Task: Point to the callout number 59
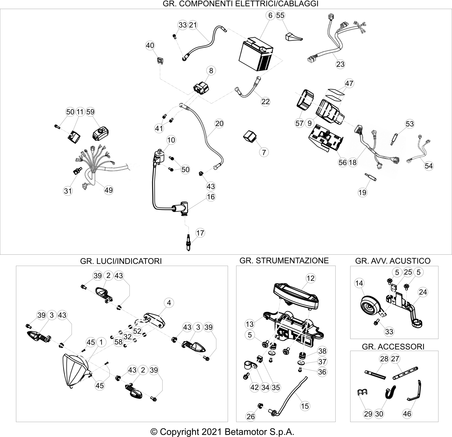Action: pyautogui.click(x=90, y=112)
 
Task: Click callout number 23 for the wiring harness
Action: pyautogui.click(x=340, y=64)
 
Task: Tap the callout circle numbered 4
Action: pyautogui.click(x=169, y=303)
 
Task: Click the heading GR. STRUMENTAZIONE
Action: pyautogui.click(x=284, y=260)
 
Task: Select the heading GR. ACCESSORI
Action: pyautogui.click(x=393, y=346)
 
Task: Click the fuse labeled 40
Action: pyautogui.click(x=160, y=61)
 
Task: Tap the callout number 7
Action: pyautogui.click(x=264, y=152)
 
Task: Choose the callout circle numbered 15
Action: pyautogui.click(x=305, y=406)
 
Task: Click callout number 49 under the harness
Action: pyautogui.click(x=109, y=190)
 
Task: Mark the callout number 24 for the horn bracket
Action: pyautogui.click(x=423, y=292)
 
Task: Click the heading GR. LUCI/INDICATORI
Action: pyautogui.click(x=121, y=261)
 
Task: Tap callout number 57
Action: pyautogui.click(x=299, y=123)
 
